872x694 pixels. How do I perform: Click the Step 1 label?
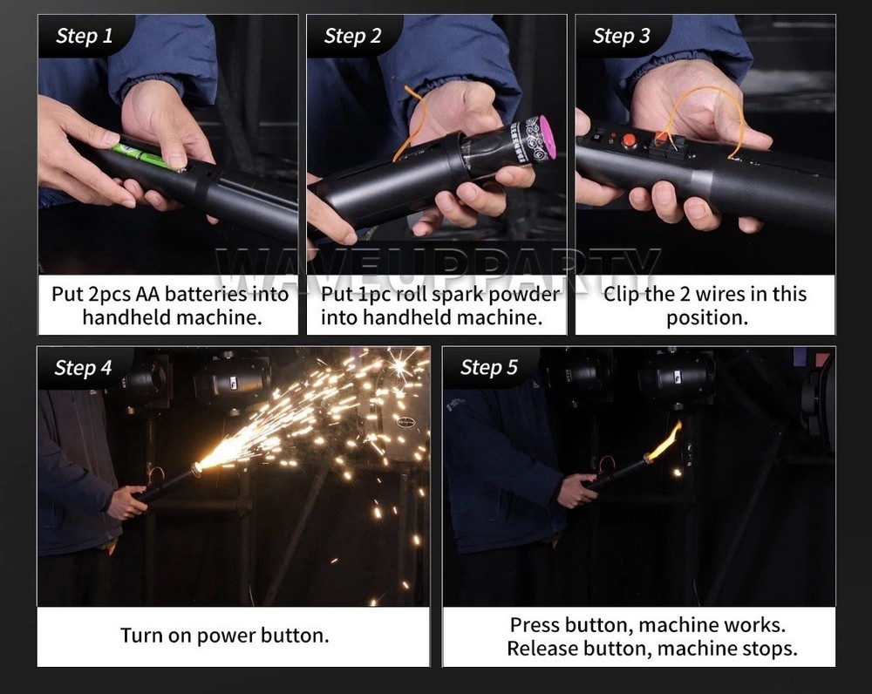(x=84, y=36)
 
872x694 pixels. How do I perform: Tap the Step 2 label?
(x=352, y=36)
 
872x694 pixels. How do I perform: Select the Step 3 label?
(x=621, y=36)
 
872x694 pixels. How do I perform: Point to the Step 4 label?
(x=83, y=368)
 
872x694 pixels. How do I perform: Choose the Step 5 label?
(x=489, y=368)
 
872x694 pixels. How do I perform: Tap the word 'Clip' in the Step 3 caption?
(x=621, y=294)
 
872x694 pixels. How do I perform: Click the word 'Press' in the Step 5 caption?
(x=535, y=625)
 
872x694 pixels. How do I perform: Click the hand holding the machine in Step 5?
(x=576, y=490)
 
